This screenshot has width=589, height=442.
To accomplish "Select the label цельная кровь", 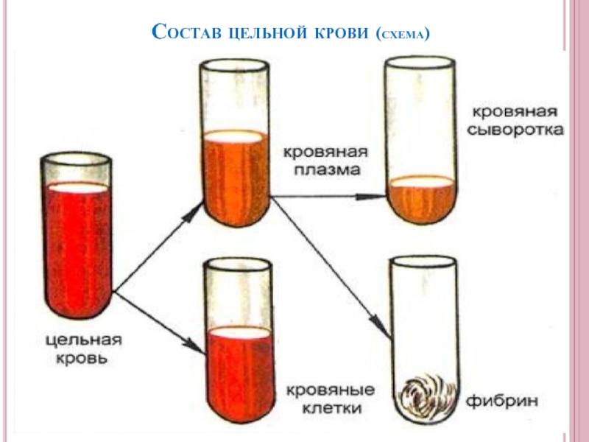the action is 83,350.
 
